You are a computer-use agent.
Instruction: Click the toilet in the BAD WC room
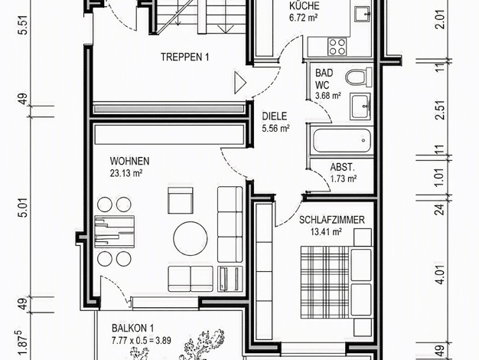359,77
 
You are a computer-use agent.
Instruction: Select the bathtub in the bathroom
342,141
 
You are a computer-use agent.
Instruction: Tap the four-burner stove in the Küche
337,47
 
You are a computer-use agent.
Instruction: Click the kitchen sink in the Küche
362,14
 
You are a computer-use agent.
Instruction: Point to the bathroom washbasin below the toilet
360,106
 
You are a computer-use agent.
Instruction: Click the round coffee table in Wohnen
191,238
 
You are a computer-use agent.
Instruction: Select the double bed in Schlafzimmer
336,282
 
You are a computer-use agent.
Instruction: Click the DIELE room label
275,116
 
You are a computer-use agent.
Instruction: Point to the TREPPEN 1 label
185,57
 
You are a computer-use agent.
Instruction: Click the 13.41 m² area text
326,232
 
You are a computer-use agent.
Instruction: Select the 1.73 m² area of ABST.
344,178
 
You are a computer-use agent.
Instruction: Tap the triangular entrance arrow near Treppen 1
240,82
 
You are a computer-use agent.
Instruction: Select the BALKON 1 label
132,328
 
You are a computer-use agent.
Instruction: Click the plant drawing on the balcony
196,345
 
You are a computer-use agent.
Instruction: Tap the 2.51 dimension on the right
441,110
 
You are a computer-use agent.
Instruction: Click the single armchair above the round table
181,200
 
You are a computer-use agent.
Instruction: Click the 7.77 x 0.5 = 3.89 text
141,340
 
